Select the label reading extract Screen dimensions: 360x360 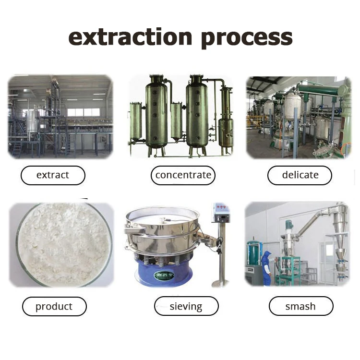(x=53, y=175)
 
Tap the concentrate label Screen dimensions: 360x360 (x=183, y=175)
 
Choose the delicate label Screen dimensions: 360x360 (x=300, y=175)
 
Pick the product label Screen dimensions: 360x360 (x=54, y=306)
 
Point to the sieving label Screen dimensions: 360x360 (x=186, y=306)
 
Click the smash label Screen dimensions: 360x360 (x=300, y=306)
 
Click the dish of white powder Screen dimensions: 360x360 (x=62, y=245)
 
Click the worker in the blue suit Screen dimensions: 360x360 (x=266, y=267)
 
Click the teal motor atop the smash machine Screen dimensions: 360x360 (x=289, y=225)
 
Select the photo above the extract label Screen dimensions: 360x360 (x=60, y=117)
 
